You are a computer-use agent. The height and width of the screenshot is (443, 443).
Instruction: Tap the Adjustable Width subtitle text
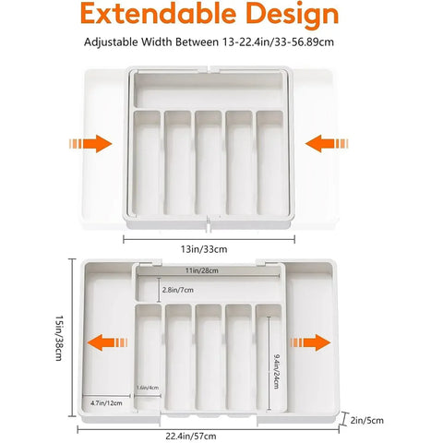(x=221, y=42)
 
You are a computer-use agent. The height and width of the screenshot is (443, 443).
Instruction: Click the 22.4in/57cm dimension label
(x=210, y=435)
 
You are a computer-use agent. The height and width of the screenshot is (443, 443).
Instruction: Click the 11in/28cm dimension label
(x=206, y=269)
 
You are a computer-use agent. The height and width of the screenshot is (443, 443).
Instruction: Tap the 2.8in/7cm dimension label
(x=177, y=291)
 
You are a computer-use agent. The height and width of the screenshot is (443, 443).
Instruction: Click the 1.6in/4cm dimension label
(x=148, y=387)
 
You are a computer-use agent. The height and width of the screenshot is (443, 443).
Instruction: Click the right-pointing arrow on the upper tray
(x=90, y=144)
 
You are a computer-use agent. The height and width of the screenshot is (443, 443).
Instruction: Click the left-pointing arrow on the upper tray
(x=329, y=144)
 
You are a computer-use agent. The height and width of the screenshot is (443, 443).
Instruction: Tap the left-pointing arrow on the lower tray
(x=102, y=342)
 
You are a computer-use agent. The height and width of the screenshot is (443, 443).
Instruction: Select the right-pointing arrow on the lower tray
(x=311, y=342)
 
